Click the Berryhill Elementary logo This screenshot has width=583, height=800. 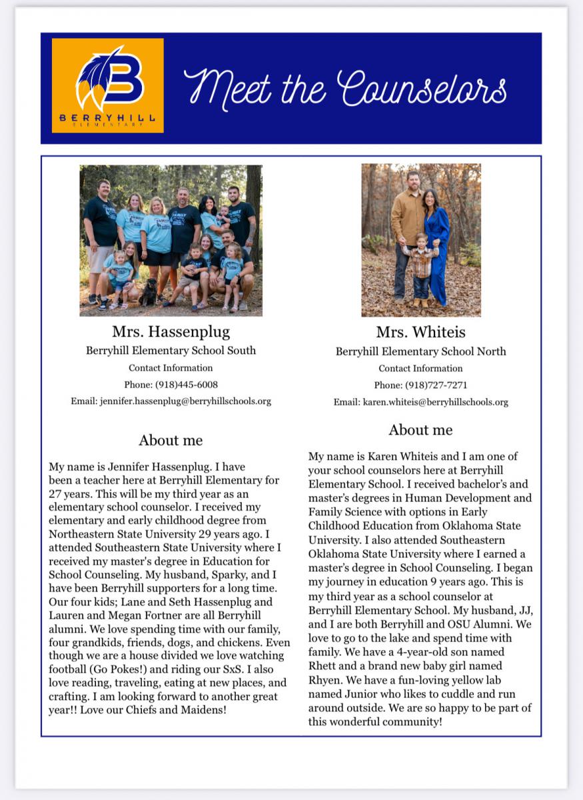108,85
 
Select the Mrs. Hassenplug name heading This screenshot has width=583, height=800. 171,331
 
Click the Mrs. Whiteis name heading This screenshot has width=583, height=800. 420,332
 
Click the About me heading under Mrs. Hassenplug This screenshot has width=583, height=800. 171,440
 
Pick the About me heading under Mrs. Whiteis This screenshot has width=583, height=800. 420,430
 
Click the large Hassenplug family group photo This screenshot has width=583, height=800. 171,240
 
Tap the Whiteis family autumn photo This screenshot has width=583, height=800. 420,240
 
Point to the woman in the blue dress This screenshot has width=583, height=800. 437,240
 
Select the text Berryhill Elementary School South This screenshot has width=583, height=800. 171,350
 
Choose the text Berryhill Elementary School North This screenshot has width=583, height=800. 420,351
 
